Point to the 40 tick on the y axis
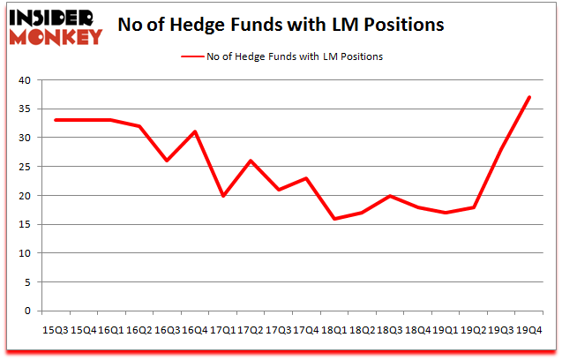click(25, 80)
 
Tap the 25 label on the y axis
click(25, 167)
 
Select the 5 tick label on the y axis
click(27, 282)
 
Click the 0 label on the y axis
click(27, 311)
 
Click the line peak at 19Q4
click(528, 97)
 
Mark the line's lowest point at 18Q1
click(335, 218)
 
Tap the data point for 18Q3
click(390, 195)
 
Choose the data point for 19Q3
click(500, 149)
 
